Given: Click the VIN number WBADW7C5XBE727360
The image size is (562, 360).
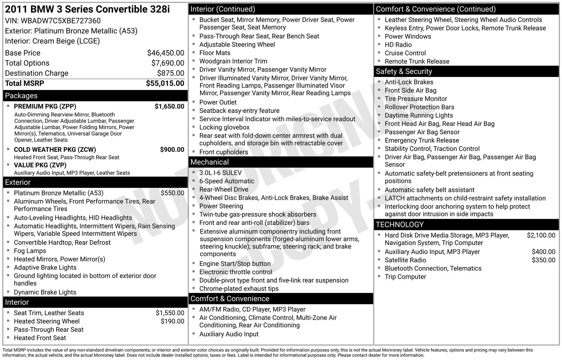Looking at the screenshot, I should pyautogui.click(x=60, y=21).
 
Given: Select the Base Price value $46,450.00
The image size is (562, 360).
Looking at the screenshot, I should pyautogui.click(x=165, y=53).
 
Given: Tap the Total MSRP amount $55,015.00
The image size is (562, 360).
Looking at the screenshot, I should pyautogui.click(x=165, y=83).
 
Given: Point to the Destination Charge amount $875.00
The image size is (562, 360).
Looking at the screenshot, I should pyautogui.click(x=170, y=73).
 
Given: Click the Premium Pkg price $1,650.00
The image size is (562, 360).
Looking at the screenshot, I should pyautogui.click(x=169, y=106).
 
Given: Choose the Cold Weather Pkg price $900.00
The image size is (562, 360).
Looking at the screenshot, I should pyautogui.click(x=172, y=149).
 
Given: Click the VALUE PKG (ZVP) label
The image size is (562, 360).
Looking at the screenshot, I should pyautogui.click(x=40, y=165).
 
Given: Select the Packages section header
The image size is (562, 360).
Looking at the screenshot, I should pyautogui.click(x=21, y=96).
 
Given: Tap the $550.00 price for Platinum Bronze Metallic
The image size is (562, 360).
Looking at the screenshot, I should pyautogui.click(x=172, y=193).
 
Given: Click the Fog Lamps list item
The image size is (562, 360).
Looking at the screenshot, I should pyautogui.click(x=30, y=251).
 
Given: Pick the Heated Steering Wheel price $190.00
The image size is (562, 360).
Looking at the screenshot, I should pyautogui.click(x=172, y=321).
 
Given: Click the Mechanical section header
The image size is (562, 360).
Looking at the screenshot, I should pyautogui.click(x=209, y=162).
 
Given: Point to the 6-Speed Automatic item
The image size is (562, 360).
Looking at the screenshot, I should pyautogui.click(x=227, y=181).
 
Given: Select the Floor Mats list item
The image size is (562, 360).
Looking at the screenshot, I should pyautogui.click(x=215, y=53).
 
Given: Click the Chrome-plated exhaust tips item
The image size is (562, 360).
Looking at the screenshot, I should pyautogui.click(x=239, y=289).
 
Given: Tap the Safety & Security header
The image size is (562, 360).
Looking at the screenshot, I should pyautogui.click(x=404, y=71).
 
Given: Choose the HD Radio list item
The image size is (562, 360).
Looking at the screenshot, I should pyautogui.click(x=398, y=45).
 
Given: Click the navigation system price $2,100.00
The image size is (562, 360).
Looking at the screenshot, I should pyautogui.click(x=541, y=235).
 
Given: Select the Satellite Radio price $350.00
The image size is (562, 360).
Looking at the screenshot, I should pyautogui.click(x=543, y=260).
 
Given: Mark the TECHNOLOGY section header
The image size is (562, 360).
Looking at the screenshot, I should pyautogui.click(x=400, y=225).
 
